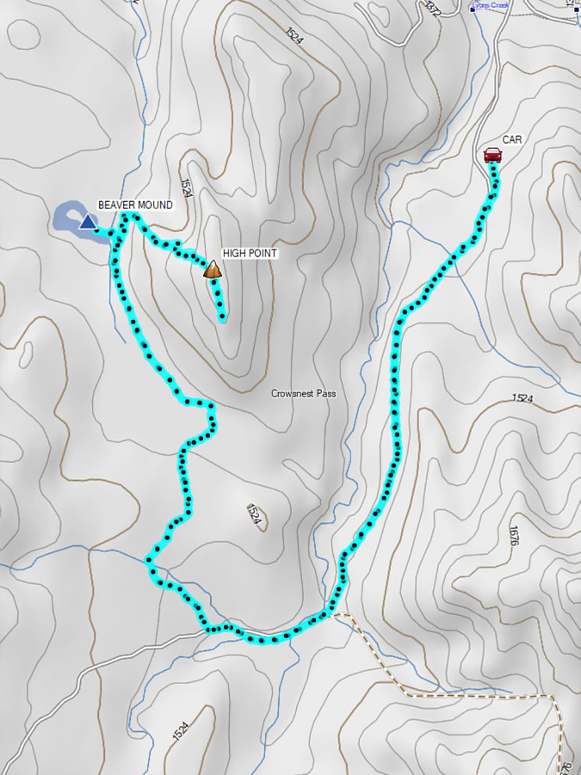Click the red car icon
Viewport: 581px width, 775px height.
click(x=492, y=155)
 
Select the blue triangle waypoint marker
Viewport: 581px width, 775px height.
click(x=88, y=223)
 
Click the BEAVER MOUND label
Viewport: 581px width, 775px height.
click(x=135, y=205)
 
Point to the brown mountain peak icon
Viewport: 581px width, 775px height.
click(x=213, y=270)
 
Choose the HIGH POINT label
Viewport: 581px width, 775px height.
click(x=250, y=254)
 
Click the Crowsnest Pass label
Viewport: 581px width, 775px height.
click(x=303, y=393)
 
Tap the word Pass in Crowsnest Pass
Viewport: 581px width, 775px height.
click(x=325, y=393)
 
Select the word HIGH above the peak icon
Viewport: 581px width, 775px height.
click(x=233, y=254)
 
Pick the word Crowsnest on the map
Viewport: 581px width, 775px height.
click(x=292, y=393)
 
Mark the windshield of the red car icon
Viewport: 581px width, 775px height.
click(x=492, y=151)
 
